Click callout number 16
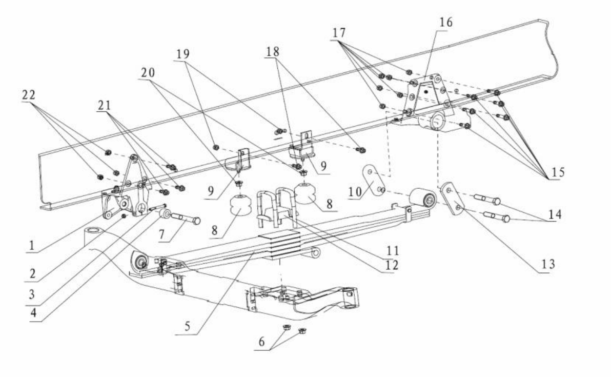click(446, 22)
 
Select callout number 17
click(339, 33)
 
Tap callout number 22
click(28, 95)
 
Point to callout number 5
click(188, 326)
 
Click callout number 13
click(547, 264)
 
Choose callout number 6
click(261, 342)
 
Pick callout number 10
click(355, 191)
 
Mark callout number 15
click(558, 172)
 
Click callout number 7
click(162, 234)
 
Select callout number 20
click(148, 72)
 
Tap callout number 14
click(555, 214)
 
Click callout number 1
click(32, 245)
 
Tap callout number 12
click(391, 265)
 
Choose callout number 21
click(104, 105)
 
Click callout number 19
click(182, 54)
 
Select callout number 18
click(273, 51)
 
